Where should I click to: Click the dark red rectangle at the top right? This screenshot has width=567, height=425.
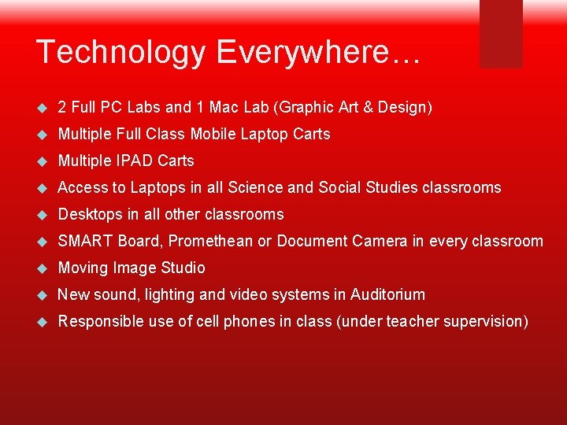point(501,33)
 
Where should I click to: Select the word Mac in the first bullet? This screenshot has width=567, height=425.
point(220,107)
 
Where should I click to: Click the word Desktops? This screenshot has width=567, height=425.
point(91,214)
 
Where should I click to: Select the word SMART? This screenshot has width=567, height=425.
point(86,241)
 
